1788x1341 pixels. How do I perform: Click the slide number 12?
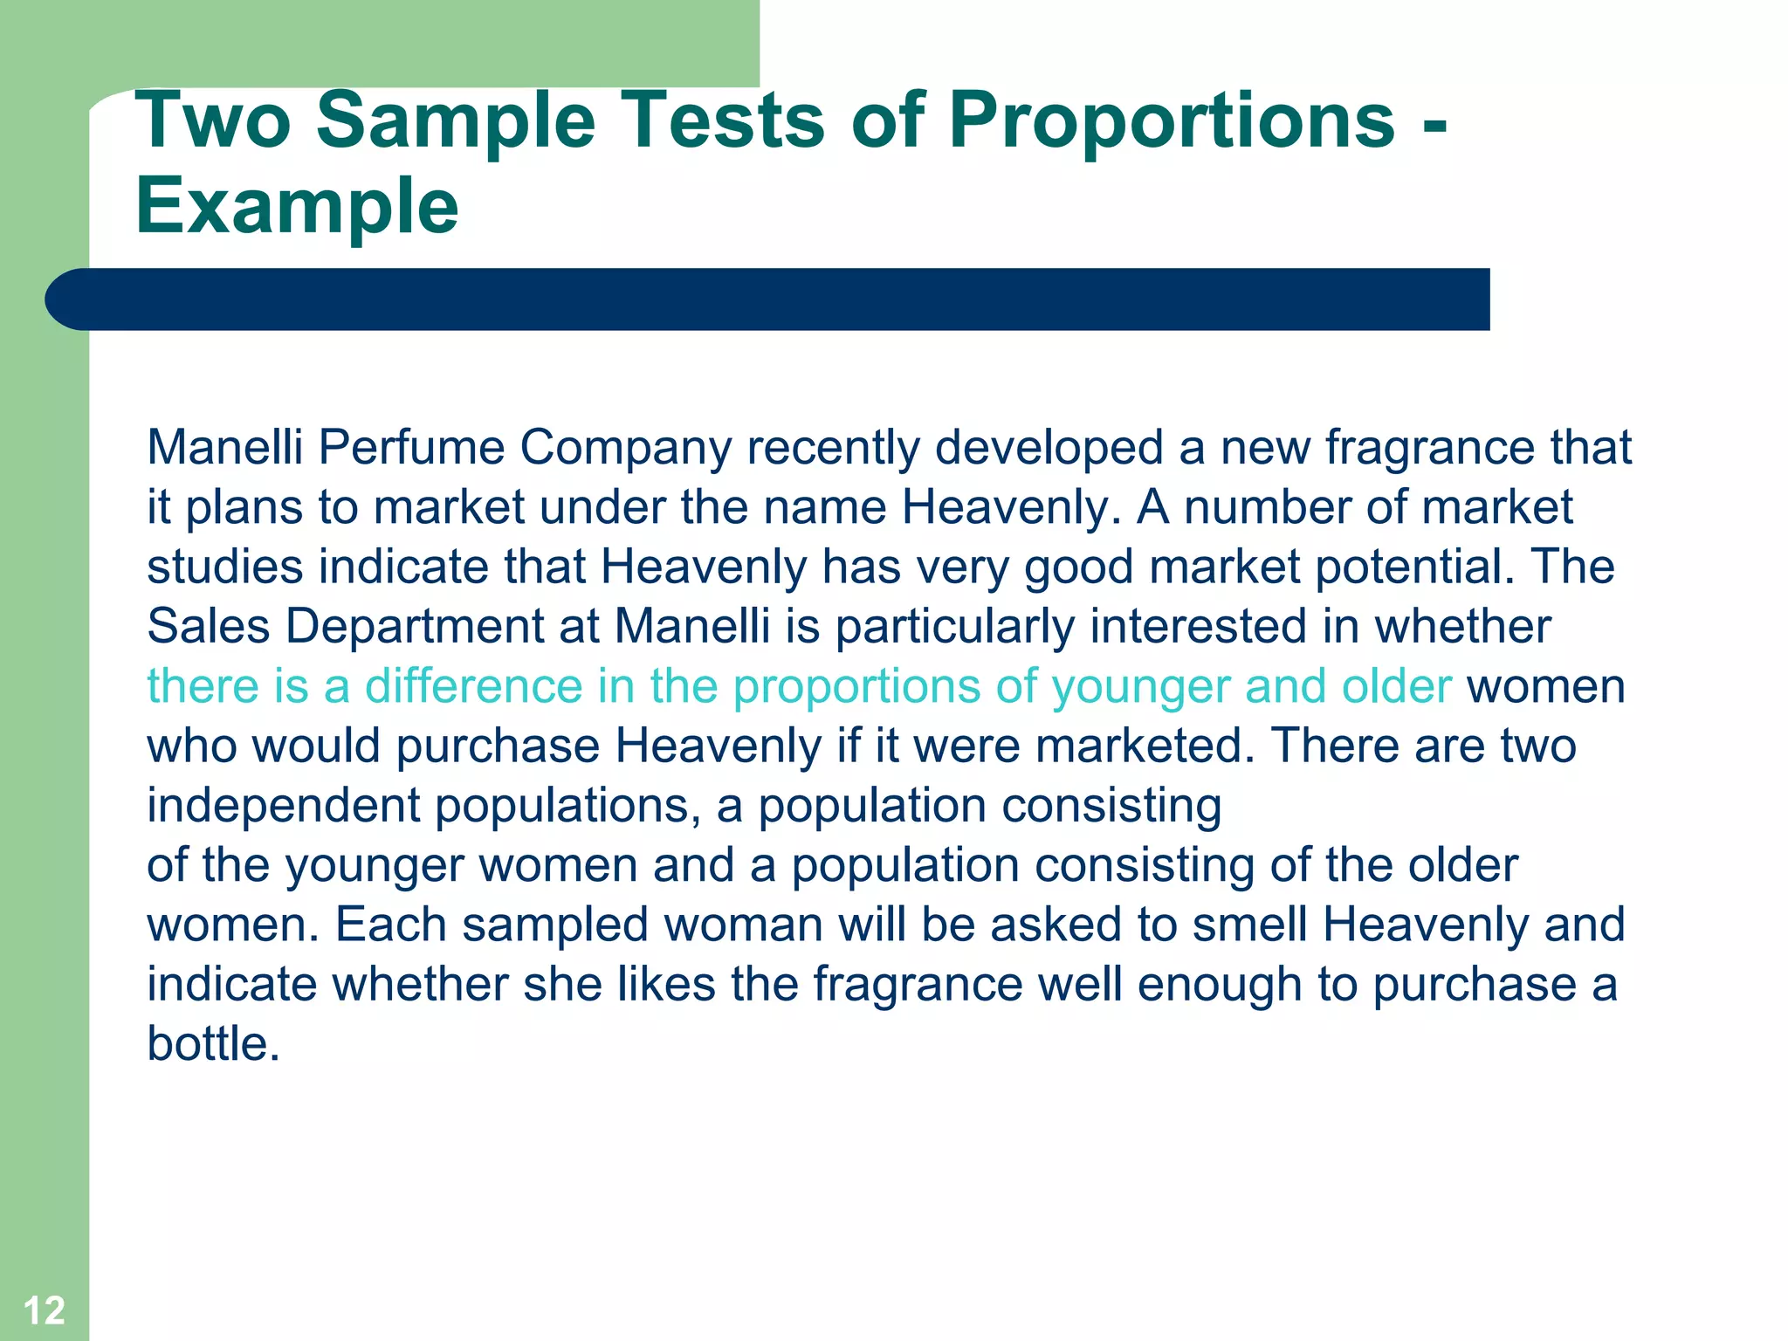tap(44, 1310)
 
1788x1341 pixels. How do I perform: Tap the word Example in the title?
tap(297, 206)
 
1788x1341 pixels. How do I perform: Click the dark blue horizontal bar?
tap(768, 299)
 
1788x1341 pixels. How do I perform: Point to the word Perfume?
tap(411, 447)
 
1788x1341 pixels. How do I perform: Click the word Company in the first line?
tap(625, 449)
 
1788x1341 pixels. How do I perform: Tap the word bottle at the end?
tap(212, 1043)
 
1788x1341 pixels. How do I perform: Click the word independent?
tap(283, 806)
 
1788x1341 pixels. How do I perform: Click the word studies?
tap(224, 567)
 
